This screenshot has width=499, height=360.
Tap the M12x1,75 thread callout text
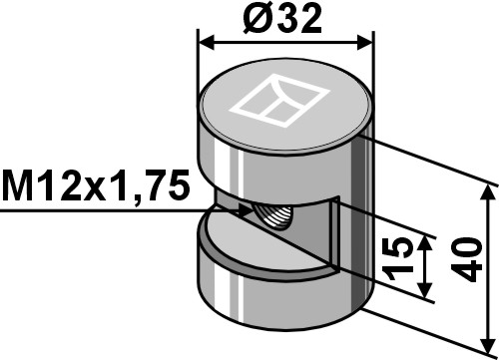(x=96, y=186)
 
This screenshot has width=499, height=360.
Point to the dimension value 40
(x=468, y=259)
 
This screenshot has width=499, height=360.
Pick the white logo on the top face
(x=280, y=101)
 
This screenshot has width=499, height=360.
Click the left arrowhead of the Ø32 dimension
(x=206, y=43)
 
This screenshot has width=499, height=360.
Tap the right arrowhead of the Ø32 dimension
(x=364, y=43)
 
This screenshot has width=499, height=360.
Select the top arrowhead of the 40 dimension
(x=488, y=192)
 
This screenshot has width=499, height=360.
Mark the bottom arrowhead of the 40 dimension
(x=488, y=346)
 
